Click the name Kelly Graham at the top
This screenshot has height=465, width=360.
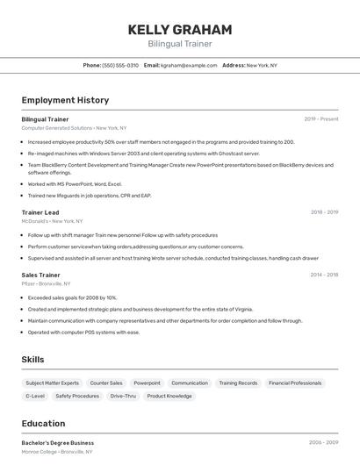180,30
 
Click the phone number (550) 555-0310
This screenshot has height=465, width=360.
120,65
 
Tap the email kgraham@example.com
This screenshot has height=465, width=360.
188,65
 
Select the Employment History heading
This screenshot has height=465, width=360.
65,100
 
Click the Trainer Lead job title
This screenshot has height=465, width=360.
40,212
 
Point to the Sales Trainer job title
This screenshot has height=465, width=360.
41,275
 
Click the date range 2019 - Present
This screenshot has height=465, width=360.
321,118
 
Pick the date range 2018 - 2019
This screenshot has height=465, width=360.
324,212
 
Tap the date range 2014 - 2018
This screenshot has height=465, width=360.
324,275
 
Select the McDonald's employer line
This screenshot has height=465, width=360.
52,221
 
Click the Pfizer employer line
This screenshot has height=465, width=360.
47,283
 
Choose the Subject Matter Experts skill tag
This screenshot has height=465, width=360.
52,383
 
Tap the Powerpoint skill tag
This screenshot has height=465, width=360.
147,383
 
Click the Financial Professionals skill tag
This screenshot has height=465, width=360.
295,383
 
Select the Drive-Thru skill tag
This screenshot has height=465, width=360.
123,397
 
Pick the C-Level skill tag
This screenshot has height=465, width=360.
36,397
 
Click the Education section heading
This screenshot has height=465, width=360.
43,423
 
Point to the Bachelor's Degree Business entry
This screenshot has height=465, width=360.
57,443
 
